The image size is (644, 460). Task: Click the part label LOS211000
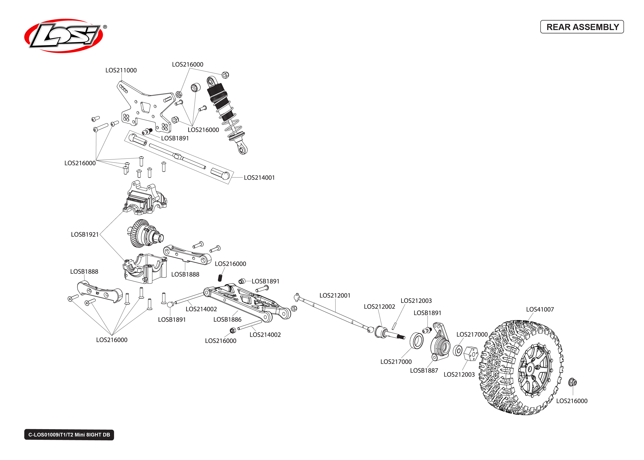(x=121, y=70)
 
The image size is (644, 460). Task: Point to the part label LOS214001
(x=259, y=178)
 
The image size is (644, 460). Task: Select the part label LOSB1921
(x=85, y=235)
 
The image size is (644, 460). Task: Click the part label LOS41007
(x=540, y=309)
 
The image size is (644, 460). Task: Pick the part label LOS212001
(x=335, y=295)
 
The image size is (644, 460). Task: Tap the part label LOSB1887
(x=424, y=370)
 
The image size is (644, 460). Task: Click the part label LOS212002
(x=379, y=307)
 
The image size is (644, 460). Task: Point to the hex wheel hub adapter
(x=471, y=354)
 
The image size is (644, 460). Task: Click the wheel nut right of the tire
(x=572, y=382)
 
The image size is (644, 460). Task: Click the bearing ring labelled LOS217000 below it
(x=417, y=341)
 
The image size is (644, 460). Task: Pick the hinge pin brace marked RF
(x=99, y=292)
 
